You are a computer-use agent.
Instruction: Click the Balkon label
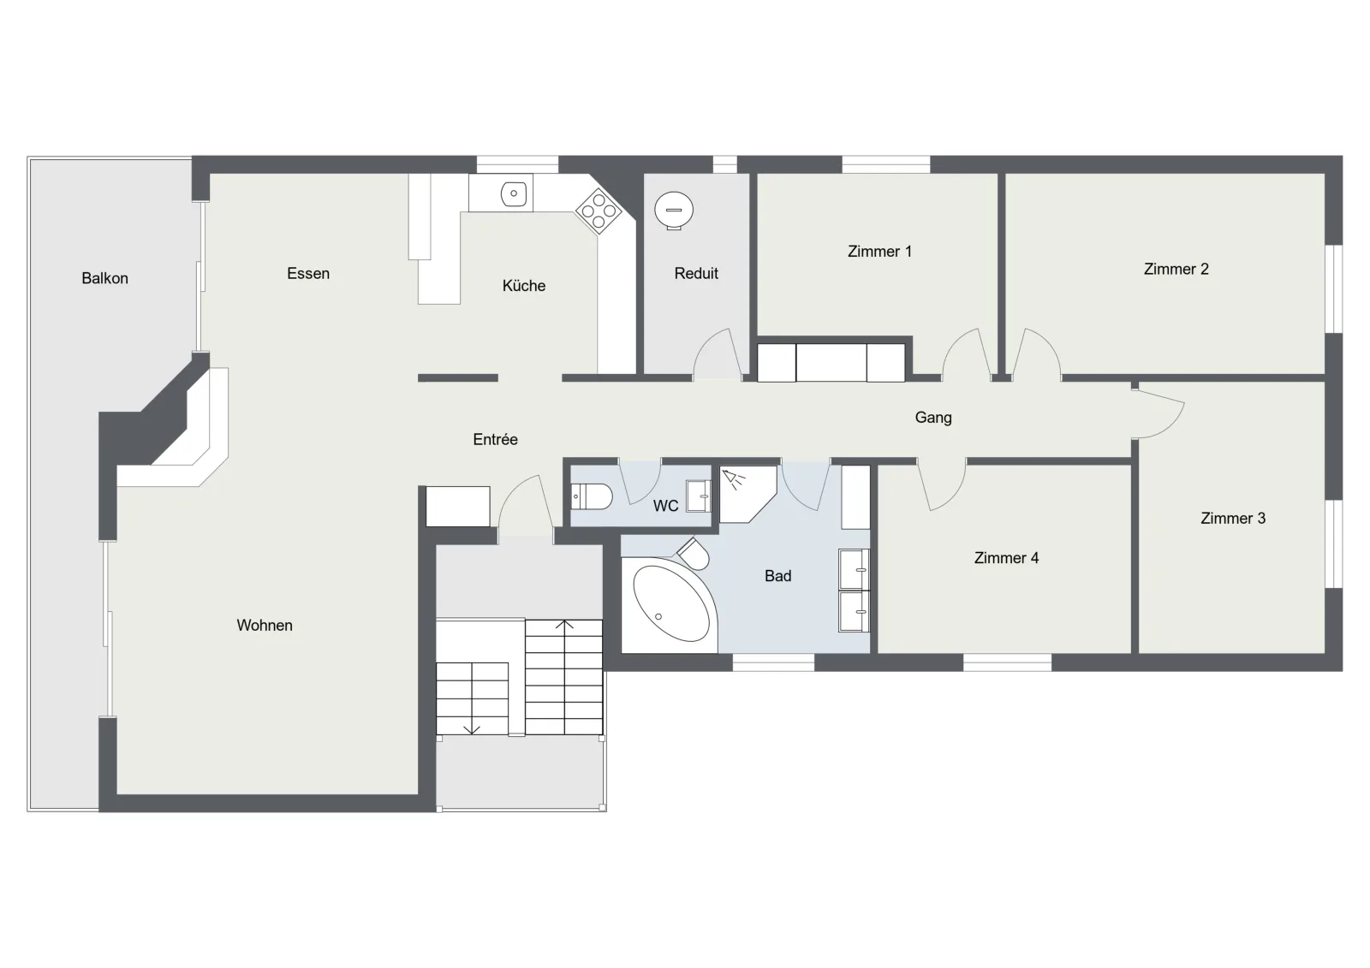point(104,278)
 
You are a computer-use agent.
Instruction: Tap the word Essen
point(308,273)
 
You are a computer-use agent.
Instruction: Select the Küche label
point(524,286)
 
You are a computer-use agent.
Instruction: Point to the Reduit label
point(696,273)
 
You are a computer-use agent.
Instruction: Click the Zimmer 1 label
point(879,252)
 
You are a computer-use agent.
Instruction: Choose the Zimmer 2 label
point(1176,269)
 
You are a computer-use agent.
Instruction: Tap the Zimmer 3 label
point(1233,519)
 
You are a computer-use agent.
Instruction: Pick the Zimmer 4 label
point(1006,558)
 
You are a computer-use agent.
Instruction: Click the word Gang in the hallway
point(933,418)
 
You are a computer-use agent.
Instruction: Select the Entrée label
point(496,439)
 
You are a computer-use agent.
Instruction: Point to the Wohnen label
point(265,625)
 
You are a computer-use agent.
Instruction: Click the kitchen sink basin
point(514,193)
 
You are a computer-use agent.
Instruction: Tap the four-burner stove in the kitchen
point(599,211)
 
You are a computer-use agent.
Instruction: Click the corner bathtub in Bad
point(668,604)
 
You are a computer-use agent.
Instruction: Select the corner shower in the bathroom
point(748,494)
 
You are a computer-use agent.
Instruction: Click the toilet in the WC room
point(592,496)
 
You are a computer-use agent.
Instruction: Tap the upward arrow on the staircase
point(564,625)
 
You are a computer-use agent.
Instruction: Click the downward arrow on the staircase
point(472,729)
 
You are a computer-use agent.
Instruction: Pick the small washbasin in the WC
point(699,496)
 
